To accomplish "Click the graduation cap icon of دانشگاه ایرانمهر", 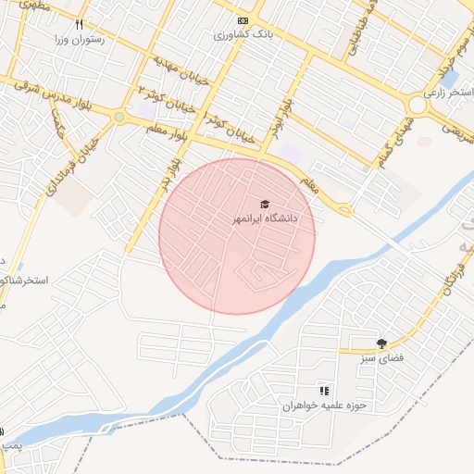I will point(264,204).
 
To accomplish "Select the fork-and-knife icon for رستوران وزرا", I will point(80,24).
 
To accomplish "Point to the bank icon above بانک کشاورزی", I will point(243,20).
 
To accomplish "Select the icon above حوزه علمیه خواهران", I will point(324,391).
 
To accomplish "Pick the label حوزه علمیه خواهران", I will point(326,405).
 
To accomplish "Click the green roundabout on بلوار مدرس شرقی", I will point(118,117).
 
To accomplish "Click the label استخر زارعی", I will point(448,93).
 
